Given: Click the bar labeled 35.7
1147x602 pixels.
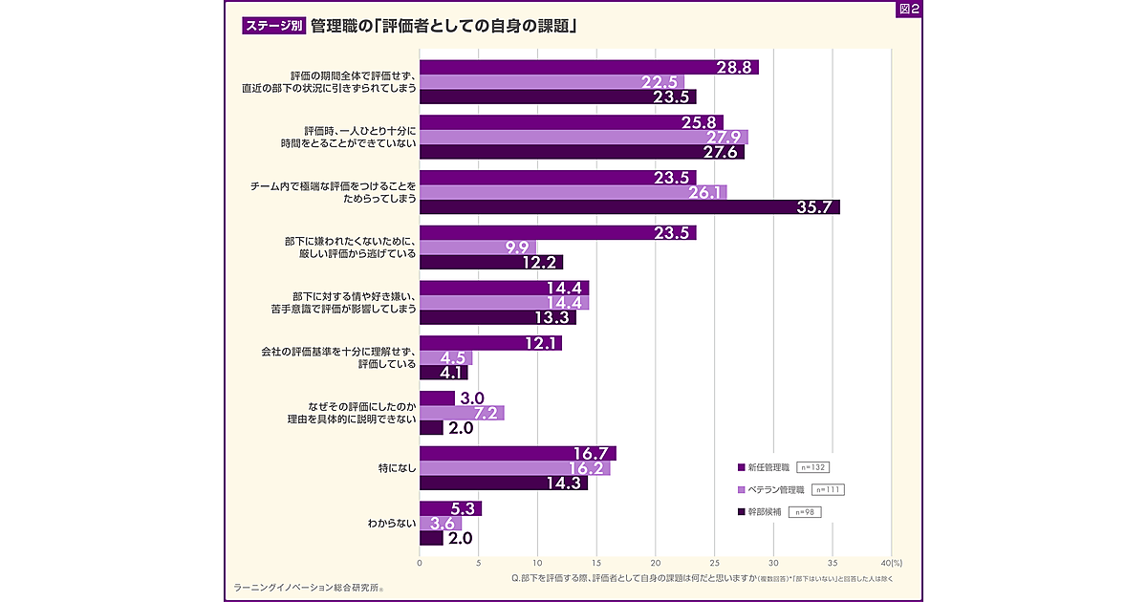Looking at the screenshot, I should (629, 206).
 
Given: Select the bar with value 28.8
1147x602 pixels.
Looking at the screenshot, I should (589, 67).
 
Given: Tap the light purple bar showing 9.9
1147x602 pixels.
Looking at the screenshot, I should (478, 247).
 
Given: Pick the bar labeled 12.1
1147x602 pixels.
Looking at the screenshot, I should (490, 343).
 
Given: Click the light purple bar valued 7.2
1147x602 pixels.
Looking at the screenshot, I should (462, 413).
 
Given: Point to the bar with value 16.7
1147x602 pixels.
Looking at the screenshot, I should (518, 453).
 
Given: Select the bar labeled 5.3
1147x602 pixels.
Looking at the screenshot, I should (450, 508).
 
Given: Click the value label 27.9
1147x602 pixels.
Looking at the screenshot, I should (724, 138).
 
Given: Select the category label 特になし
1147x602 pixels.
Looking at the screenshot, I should (396, 468).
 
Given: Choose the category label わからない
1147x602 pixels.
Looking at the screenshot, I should (391, 524).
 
